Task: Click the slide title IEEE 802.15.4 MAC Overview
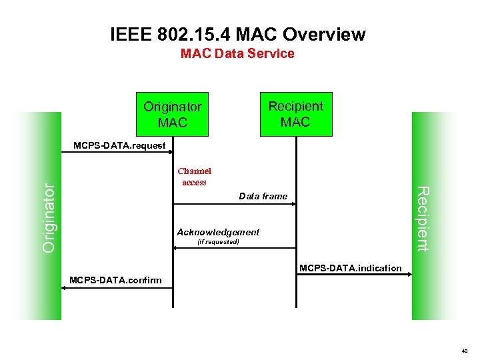(x=238, y=33)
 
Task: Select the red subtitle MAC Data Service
(x=237, y=54)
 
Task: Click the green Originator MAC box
(x=173, y=114)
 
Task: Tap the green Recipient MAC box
(x=295, y=114)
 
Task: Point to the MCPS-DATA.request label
(x=119, y=145)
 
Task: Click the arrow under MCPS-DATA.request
(x=117, y=153)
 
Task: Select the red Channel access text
(x=194, y=177)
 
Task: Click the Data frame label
(x=263, y=196)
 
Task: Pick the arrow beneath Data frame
(x=233, y=205)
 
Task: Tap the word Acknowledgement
(x=218, y=232)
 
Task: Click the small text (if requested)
(x=219, y=242)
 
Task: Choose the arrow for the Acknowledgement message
(x=233, y=248)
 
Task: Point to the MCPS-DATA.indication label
(x=351, y=268)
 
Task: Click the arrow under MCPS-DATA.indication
(x=353, y=275)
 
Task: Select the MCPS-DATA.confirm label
(x=115, y=280)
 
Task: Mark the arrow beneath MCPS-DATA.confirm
(x=117, y=287)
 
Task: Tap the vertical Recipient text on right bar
(x=423, y=219)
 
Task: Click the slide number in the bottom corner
(x=464, y=350)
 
